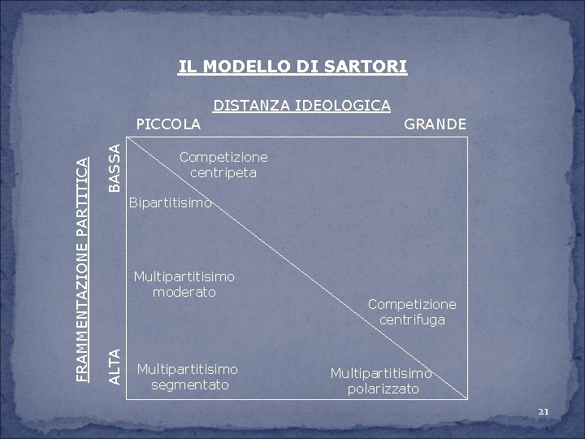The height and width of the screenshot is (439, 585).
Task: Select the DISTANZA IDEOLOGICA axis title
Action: point(301,105)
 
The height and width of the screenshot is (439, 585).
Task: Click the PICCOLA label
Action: point(168,124)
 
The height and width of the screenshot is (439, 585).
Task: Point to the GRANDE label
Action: point(435,124)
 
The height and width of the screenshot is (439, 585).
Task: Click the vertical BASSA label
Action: point(115,167)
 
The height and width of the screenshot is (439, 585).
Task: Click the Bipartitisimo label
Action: point(171,202)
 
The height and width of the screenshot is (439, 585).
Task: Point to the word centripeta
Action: point(223,172)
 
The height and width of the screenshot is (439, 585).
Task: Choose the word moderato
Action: point(184,292)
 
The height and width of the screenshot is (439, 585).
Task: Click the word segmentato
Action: point(190,385)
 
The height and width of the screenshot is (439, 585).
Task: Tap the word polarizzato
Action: point(380,389)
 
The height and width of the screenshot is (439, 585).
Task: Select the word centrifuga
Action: point(412,319)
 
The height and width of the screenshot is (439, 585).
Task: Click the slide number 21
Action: point(544,412)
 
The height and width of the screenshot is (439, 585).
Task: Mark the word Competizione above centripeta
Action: point(223,156)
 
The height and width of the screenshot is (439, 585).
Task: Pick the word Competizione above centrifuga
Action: point(412,304)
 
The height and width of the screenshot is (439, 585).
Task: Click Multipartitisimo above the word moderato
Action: point(184,276)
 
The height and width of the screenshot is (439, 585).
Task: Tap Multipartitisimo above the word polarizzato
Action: point(380,374)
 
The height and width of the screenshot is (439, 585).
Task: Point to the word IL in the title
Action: point(187,65)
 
